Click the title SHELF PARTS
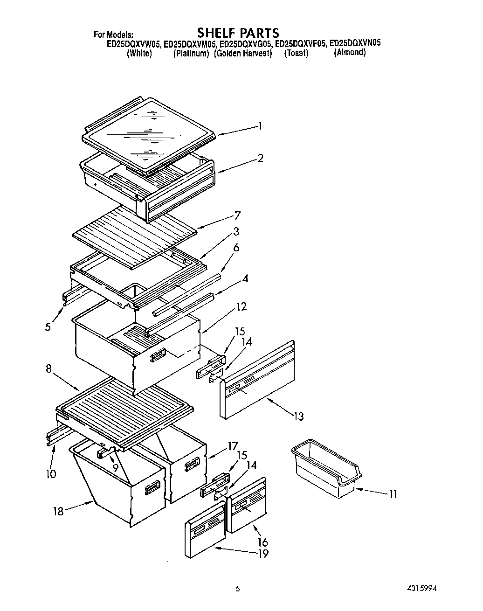[x=238, y=33]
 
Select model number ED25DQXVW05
[x=134, y=44]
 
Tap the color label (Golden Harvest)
[x=243, y=54]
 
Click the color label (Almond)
[x=350, y=53]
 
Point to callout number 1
[x=260, y=125]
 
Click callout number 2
[x=260, y=158]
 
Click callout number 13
[x=298, y=416]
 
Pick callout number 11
[x=393, y=493]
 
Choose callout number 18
[x=58, y=511]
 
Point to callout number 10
[x=51, y=474]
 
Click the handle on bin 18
[x=152, y=489]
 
